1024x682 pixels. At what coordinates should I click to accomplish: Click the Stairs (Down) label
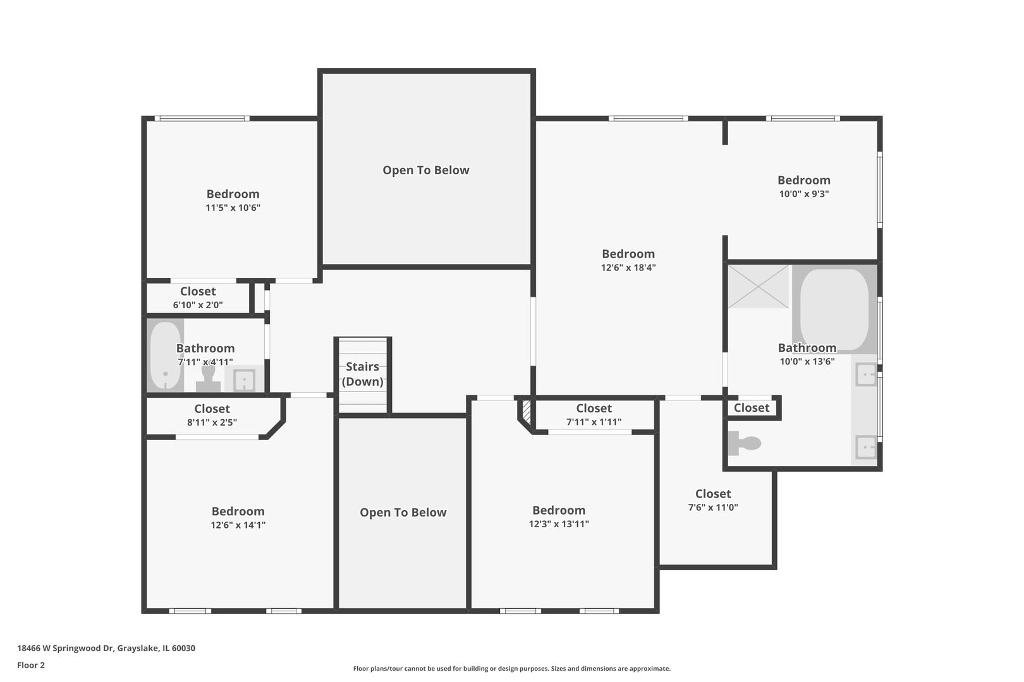[x=363, y=374]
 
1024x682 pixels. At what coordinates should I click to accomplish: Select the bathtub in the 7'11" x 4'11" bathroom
[x=165, y=356]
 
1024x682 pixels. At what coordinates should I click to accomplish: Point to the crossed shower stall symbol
[x=758, y=287]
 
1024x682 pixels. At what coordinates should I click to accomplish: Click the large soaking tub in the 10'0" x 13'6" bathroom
[x=834, y=309]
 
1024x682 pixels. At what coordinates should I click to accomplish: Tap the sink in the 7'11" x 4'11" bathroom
[x=244, y=380]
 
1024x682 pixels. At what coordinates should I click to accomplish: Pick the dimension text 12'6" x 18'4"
[x=628, y=268]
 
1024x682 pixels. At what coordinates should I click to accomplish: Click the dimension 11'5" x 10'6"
[x=233, y=208]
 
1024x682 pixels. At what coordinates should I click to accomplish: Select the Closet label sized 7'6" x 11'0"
[x=712, y=494]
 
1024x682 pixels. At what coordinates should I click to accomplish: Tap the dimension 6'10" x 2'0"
[x=198, y=305]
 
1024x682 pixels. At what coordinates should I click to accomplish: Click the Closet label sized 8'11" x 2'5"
[x=212, y=409]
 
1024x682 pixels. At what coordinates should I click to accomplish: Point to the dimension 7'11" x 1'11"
[x=594, y=422]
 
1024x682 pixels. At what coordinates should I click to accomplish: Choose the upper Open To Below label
[x=425, y=170]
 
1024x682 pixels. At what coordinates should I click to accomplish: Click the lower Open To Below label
[x=403, y=513]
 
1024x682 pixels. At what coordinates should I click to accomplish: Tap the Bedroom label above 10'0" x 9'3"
[x=803, y=181]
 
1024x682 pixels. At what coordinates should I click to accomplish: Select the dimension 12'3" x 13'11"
[x=559, y=524]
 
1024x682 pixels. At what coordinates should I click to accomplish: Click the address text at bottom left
[x=106, y=648]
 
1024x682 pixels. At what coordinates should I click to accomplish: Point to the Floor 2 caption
[x=31, y=665]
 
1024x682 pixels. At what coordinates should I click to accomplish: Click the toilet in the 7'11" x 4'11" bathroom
[x=208, y=379]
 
